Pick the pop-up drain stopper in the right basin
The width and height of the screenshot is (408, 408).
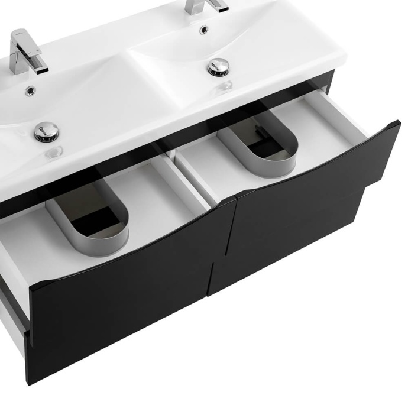218,66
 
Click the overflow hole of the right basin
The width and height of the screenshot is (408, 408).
203,30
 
